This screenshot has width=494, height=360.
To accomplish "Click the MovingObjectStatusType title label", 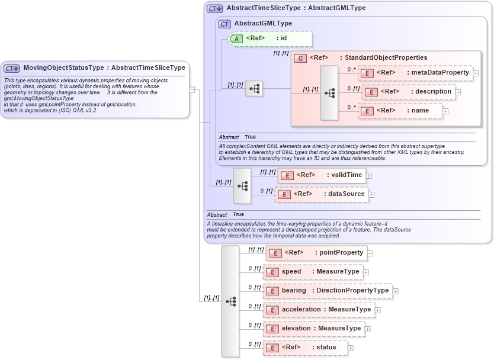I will [x=104, y=67].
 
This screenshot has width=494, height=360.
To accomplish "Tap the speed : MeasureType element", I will [x=312, y=272].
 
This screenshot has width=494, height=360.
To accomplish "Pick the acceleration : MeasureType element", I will [x=318, y=310].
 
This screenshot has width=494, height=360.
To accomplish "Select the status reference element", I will [x=304, y=348].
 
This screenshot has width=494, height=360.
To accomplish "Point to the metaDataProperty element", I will [x=415, y=73].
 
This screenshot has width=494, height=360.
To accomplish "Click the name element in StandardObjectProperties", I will [x=400, y=111].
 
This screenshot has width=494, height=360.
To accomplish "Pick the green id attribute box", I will [x=270, y=38].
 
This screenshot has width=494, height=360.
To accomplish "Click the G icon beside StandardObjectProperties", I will [x=300, y=58].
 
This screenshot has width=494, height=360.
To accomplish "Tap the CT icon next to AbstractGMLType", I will [x=224, y=24].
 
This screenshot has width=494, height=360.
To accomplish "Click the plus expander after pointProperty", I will [x=370, y=253].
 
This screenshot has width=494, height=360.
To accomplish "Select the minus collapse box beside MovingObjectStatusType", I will [x=192, y=89].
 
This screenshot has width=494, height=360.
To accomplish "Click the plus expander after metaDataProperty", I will [x=476, y=73].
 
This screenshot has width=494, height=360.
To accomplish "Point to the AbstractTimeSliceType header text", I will [x=296, y=8].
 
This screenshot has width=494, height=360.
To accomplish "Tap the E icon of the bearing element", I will [x=272, y=291].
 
